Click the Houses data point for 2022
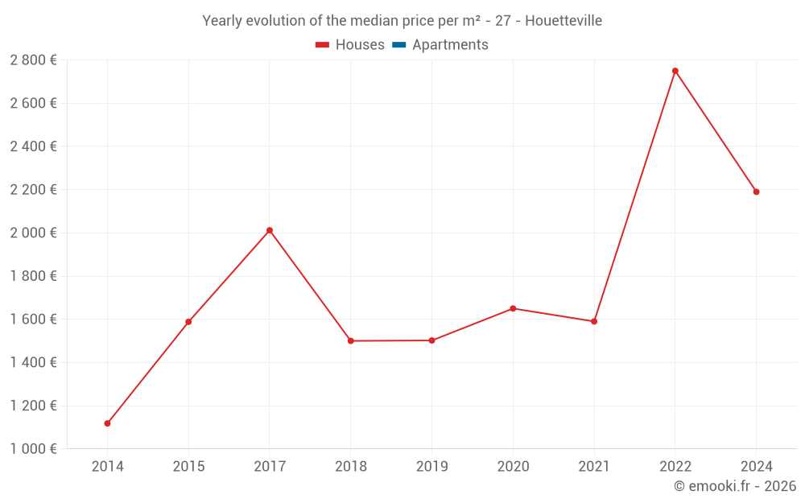point(675,71)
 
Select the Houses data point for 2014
point(107,423)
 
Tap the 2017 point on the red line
point(270,230)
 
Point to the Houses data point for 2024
point(757,192)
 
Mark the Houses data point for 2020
point(513,308)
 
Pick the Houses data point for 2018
point(351,340)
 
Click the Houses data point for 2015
point(188,322)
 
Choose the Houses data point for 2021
point(594,321)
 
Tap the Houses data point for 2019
point(431,340)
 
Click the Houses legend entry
point(350,45)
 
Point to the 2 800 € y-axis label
point(33,60)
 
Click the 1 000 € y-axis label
point(33,449)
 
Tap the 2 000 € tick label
point(33,233)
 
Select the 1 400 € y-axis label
point(33,362)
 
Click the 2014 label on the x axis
point(107,466)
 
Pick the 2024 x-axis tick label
point(757,466)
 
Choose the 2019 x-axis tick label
point(431,466)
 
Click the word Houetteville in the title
point(563,21)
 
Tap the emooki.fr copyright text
point(735,486)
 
